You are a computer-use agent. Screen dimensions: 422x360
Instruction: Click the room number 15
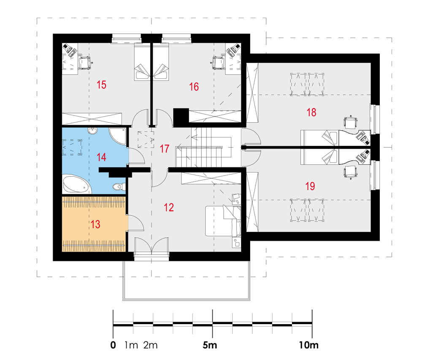101,85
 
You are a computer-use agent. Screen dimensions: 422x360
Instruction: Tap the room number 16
194,86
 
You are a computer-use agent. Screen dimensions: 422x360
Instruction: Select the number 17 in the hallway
165,149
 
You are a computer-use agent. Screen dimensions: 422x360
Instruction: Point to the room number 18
311,112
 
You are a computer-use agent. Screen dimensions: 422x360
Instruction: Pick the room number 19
310,186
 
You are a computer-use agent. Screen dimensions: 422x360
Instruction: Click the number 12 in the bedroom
169,207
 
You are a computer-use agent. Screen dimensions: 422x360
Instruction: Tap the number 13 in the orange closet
95,224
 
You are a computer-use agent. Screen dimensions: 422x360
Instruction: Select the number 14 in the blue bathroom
101,157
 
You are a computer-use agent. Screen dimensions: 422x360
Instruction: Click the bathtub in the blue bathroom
76,184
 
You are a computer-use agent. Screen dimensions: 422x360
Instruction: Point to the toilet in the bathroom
119,186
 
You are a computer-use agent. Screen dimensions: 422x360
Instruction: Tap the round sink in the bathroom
92,131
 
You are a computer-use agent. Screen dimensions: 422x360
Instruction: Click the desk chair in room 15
86,62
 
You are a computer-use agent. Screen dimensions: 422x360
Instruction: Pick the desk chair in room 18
351,122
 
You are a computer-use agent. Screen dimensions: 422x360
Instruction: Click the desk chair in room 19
351,172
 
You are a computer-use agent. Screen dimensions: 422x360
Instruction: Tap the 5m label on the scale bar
210,345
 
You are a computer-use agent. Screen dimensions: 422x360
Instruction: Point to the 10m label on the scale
309,345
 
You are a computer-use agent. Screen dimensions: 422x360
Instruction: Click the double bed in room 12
223,221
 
